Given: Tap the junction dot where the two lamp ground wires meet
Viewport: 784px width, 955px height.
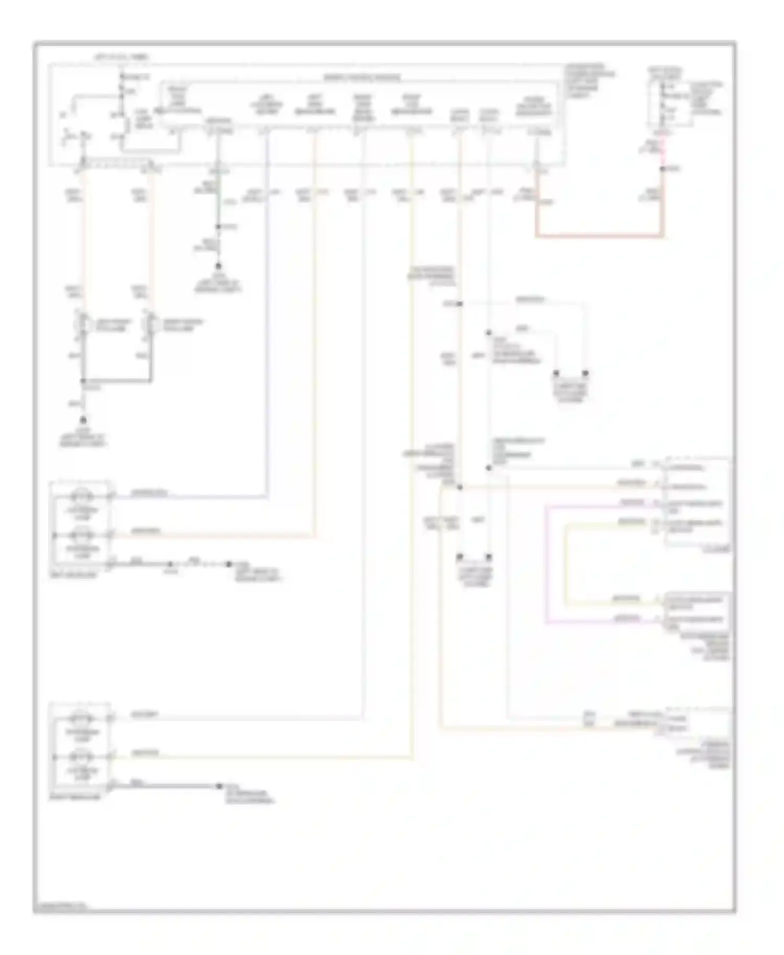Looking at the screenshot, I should (x=83, y=381).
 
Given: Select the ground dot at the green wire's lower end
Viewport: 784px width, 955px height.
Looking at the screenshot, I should (x=219, y=266).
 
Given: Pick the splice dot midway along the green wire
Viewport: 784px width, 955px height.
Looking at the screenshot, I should (x=219, y=227).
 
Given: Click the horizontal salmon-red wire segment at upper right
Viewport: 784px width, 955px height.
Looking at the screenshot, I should (x=599, y=237).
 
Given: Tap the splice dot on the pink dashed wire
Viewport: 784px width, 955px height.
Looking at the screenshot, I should (x=662, y=169).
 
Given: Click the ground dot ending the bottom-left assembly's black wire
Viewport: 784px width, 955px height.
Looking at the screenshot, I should (x=220, y=786).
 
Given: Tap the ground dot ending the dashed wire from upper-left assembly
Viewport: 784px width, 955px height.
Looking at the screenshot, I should (x=228, y=564).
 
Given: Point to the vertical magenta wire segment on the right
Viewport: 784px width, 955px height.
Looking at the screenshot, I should (x=546, y=564).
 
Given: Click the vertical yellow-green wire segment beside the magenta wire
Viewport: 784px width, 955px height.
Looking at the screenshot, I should (x=565, y=564).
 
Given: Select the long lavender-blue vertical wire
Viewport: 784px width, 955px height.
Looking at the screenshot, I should (x=267, y=313).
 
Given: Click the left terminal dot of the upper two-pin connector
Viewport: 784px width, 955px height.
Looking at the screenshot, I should (x=556, y=374).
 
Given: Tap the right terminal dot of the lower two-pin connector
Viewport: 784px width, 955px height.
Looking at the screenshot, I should (x=489, y=557).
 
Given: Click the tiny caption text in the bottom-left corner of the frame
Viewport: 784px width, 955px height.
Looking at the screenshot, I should (x=60, y=907).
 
